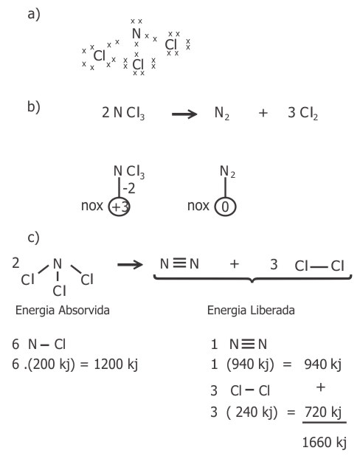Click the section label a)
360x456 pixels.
(x=34, y=15)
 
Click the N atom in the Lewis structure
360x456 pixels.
(x=136, y=33)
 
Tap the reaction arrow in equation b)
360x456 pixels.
(x=184, y=114)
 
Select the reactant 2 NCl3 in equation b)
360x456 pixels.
(x=123, y=113)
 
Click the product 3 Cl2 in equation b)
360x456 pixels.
(x=302, y=113)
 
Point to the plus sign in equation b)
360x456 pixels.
(x=263, y=113)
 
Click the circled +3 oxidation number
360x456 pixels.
(x=119, y=207)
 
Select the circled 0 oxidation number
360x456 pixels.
(x=225, y=207)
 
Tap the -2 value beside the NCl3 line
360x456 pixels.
(x=129, y=189)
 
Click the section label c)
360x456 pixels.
(x=33, y=238)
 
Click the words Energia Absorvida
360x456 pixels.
(x=63, y=311)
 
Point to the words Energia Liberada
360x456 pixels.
(x=251, y=311)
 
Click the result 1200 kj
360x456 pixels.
(x=116, y=364)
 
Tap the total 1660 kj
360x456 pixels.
(x=325, y=443)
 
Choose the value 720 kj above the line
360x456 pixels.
(x=323, y=412)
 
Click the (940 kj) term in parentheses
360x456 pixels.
(x=250, y=365)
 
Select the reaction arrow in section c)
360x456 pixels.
(x=131, y=265)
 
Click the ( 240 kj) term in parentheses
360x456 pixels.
(x=252, y=412)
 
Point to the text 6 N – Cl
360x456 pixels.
(x=38, y=345)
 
